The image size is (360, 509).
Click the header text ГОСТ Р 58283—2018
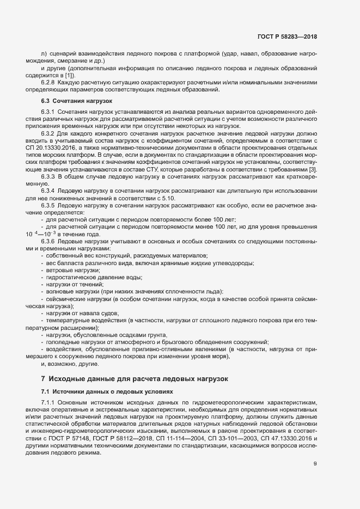coord(287,36)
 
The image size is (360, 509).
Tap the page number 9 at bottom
coord(315,463)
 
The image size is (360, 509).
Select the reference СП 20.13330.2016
coord(50,147)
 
